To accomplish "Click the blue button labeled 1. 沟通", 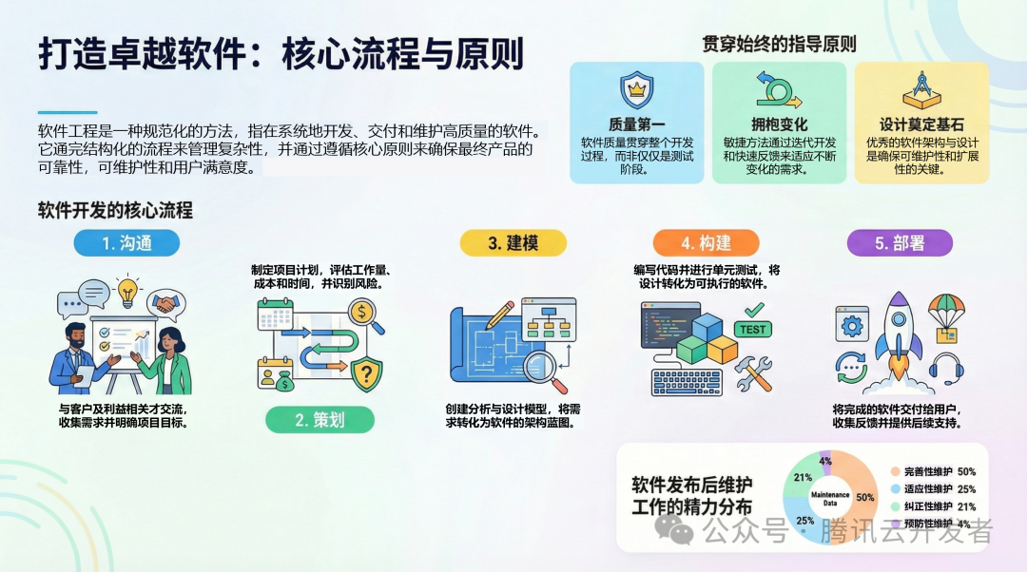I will pos(126,242).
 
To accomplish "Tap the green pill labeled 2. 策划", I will pos(320,419).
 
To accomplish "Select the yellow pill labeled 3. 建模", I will pos(513,242).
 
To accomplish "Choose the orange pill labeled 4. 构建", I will pos(705,242).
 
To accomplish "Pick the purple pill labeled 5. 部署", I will pos(900,242).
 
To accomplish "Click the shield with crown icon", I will pos(636,90).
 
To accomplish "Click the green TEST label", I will pos(752,330).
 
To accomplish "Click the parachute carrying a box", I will pos(946,318).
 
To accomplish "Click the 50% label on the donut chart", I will pos(865,497).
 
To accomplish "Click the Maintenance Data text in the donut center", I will pos(829,496).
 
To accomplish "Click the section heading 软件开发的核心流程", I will pos(115,209).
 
